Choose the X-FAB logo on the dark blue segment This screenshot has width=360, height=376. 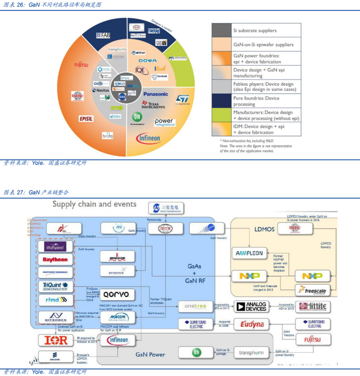[x=103, y=35]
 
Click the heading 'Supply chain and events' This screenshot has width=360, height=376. [x=94, y=204]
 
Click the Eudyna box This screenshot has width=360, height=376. [x=252, y=324]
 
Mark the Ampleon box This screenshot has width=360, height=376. [x=249, y=253]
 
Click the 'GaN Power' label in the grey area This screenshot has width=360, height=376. [x=150, y=354]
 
